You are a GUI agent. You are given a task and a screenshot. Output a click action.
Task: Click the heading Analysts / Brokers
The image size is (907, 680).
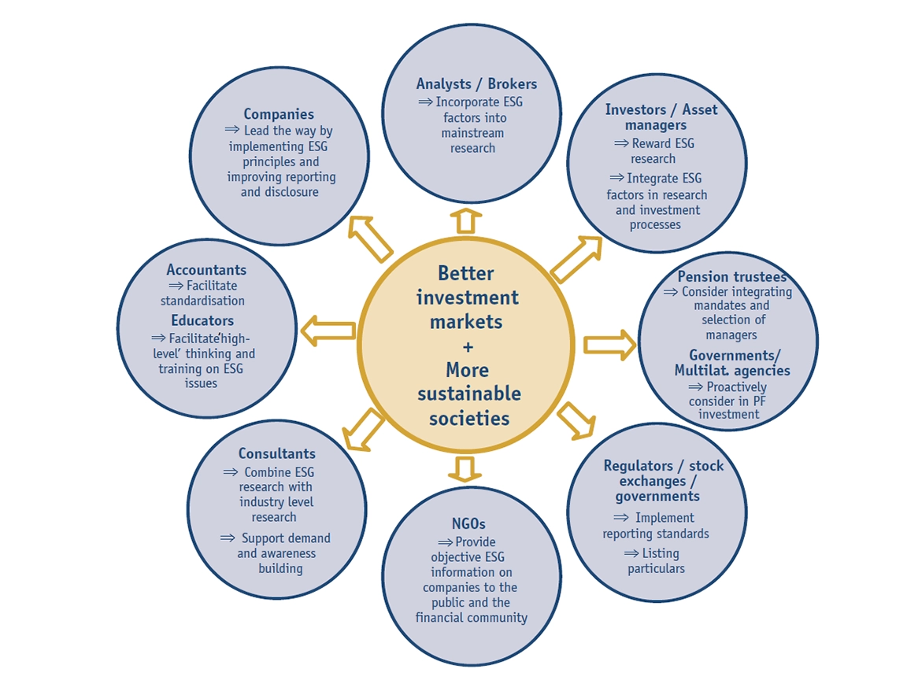click(x=476, y=84)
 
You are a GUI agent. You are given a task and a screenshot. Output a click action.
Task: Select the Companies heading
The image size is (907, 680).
click(x=279, y=115)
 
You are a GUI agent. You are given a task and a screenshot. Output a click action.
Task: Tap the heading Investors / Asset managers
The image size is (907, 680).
click(x=661, y=117)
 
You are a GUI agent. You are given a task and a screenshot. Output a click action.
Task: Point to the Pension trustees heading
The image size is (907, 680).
click(x=731, y=277)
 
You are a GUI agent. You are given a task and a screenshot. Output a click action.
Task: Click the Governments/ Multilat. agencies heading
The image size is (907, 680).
click(x=731, y=363)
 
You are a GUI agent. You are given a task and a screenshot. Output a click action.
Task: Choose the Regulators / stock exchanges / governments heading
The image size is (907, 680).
click(x=662, y=481)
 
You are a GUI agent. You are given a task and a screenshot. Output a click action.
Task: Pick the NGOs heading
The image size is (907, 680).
click(x=468, y=523)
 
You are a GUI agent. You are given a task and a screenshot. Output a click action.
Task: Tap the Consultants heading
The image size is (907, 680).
click(x=276, y=454)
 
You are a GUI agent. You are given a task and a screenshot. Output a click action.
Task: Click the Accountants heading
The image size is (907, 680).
click(x=206, y=271)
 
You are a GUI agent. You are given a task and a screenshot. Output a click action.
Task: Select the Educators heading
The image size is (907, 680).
click(x=202, y=321)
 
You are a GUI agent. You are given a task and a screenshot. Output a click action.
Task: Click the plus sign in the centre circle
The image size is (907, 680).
click(x=467, y=346)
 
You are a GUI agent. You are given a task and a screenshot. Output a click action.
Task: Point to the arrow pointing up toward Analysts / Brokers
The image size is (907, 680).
click(x=465, y=220)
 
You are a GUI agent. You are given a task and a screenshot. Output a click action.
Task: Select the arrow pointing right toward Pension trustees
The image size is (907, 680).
click(x=609, y=345)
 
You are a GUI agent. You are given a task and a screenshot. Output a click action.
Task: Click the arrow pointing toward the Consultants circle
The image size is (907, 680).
click(x=363, y=431)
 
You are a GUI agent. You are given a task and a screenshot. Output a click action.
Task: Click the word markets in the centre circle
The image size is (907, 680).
click(x=466, y=322)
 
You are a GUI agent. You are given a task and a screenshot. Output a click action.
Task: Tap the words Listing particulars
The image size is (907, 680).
click(x=656, y=561)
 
